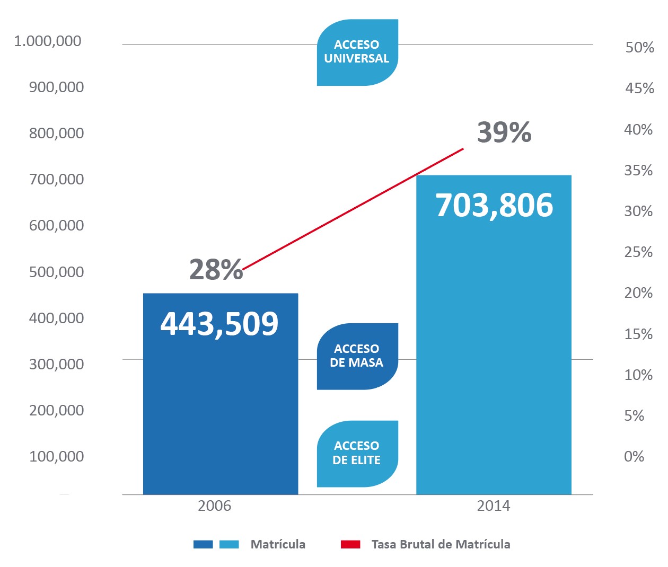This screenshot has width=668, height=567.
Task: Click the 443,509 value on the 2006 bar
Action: [x=219, y=323]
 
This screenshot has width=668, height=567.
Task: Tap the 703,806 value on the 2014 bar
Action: [x=494, y=205]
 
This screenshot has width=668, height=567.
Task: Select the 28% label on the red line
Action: [x=216, y=269]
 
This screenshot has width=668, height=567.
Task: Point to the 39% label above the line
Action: [x=504, y=132]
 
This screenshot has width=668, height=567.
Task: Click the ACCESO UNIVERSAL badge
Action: [x=357, y=52]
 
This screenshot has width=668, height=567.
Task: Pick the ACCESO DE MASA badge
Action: [x=357, y=356]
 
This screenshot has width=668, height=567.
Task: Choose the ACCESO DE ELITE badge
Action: [x=357, y=453]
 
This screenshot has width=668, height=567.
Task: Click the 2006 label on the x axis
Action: [x=214, y=506]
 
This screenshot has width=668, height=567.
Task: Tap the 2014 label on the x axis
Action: [x=493, y=506]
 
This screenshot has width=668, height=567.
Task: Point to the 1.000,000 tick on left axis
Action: [x=48, y=41]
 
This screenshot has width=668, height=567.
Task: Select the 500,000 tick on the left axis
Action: [x=56, y=272]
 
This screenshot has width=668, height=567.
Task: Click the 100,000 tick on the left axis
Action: [x=56, y=456]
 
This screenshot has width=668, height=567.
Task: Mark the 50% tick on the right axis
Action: [x=639, y=48]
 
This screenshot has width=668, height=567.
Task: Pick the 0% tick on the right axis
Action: [x=634, y=456]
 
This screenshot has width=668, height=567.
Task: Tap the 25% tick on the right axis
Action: [x=638, y=252]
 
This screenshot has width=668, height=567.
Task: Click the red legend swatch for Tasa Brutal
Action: [x=350, y=544]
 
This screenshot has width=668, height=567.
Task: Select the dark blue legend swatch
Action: [x=203, y=544]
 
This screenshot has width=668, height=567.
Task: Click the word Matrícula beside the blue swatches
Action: [x=278, y=544]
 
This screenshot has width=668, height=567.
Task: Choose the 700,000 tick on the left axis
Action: [x=56, y=179]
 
